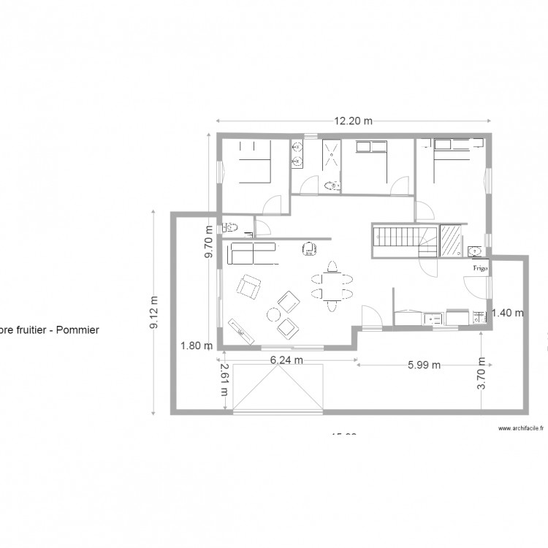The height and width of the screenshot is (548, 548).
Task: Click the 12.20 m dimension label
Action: pos(354,121)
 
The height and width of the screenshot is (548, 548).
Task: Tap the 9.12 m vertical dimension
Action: pos(154,313)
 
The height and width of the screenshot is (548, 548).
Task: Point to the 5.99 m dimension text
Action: pos(424,365)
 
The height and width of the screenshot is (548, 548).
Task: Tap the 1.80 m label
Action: pos(197,346)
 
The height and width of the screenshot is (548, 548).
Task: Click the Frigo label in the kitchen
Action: pos(479,268)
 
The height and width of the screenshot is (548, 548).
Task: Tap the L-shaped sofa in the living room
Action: pos(251,254)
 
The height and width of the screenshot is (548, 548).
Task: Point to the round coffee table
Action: pos(274,315)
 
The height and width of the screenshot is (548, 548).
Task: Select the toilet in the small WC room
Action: pos(232,226)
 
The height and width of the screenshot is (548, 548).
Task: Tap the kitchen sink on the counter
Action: pos(434,317)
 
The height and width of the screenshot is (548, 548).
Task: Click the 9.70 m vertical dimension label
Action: pos(208,241)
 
